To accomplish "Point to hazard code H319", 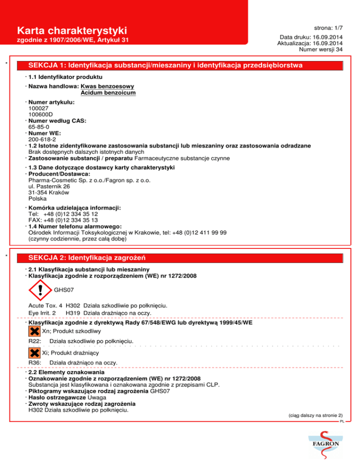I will pos(73,313).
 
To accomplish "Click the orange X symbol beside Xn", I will pos(34,331).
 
